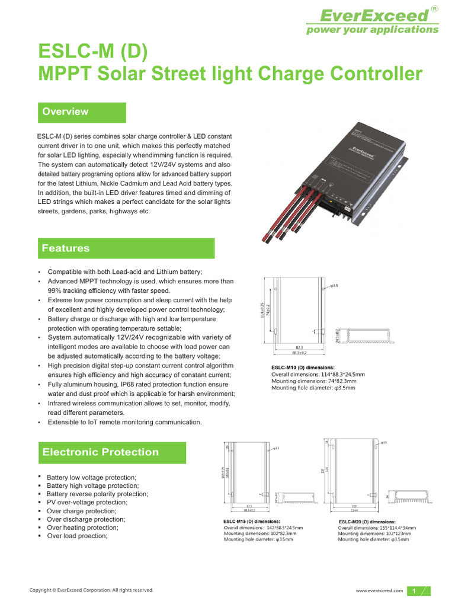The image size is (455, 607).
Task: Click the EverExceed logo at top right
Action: (x=372, y=15)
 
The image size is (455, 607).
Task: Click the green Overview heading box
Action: (x=82, y=112)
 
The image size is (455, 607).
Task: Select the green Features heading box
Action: (x=126, y=248)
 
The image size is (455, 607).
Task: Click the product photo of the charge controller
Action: (x=332, y=178)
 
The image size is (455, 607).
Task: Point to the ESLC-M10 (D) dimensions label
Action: (x=303, y=368)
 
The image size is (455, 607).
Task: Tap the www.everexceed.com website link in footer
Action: (x=379, y=590)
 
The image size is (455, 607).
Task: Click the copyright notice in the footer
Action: (x=91, y=590)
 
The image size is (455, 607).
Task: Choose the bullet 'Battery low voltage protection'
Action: (x=91, y=477)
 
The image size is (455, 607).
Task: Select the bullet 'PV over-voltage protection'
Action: (x=87, y=502)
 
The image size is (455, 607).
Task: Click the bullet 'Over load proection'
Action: (x=77, y=536)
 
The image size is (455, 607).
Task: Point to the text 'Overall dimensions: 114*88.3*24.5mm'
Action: (x=318, y=375)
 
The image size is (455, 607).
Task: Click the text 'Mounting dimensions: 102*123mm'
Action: (x=371, y=533)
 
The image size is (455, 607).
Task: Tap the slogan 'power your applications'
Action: (x=372, y=30)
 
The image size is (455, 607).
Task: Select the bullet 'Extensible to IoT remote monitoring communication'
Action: (x=124, y=422)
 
